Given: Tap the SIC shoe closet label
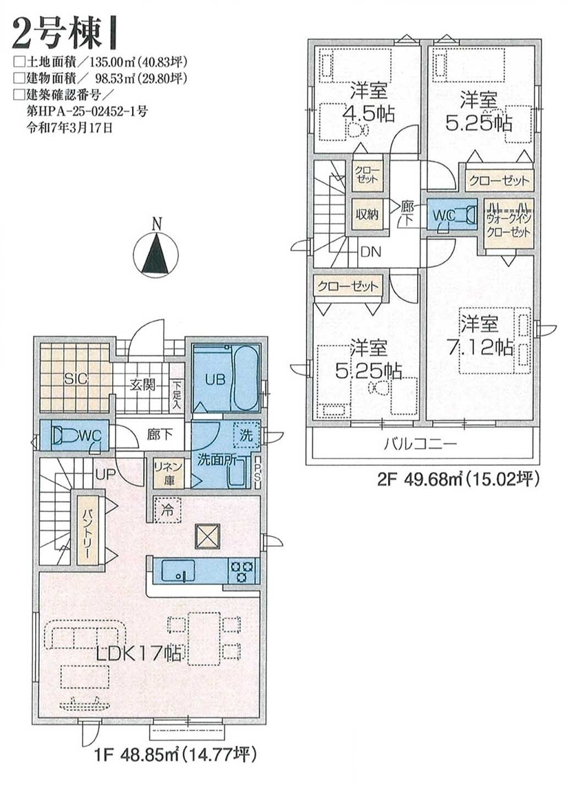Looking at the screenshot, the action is point(75,379).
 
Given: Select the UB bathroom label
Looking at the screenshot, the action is point(215,379).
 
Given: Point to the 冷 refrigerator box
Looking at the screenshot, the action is point(168,510).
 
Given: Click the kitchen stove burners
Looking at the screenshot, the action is point(242,571).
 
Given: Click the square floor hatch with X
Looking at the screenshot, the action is point(208,536).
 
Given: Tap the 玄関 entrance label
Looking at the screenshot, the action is point(143,385).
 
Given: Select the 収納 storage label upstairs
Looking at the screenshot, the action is point(367,214).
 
